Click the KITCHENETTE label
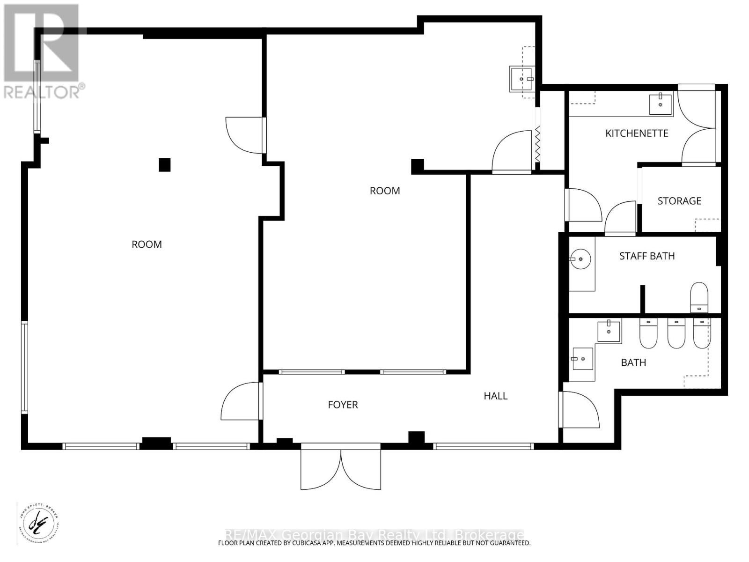pyautogui.click(x=637, y=133)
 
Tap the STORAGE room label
pyautogui.click(x=679, y=201)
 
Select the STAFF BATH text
pyautogui.click(x=647, y=256)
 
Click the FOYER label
pyautogui.click(x=343, y=405)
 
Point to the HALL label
pyautogui.click(x=495, y=396)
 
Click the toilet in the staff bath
pyautogui.click(x=699, y=296)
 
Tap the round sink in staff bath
pyautogui.click(x=581, y=259)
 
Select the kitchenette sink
pyautogui.click(x=660, y=104)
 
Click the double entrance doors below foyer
pyautogui.click(x=341, y=468)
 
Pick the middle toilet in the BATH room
pyautogui.click(x=676, y=333)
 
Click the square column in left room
pyautogui.click(x=164, y=165)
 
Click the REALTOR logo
pyautogui.click(x=42, y=52)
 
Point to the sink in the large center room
pyautogui.click(x=521, y=79)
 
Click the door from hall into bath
pyautogui.click(x=580, y=410)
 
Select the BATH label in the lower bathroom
pyautogui.click(x=633, y=363)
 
